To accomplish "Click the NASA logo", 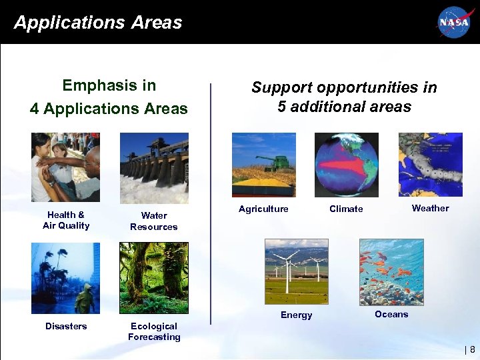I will click(x=453, y=22).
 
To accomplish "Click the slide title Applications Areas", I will click(x=98, y=23).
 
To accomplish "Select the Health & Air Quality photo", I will click(x=65, y=167).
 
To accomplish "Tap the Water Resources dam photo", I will click(x=154, y=168).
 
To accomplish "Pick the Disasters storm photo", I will click(x=65, y=278).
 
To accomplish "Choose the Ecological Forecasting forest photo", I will click(x=154, y=278).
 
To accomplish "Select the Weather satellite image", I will click(x=430, y=165).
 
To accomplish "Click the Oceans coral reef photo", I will click(x=391, y=272).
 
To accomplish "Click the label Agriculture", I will click(x=263, y=209).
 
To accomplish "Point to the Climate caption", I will click(x=346, y=209).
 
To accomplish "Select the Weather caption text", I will click(x=430, y=208).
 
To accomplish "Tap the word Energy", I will click(x=297, y=315).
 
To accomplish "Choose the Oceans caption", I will click(x=391, y=314).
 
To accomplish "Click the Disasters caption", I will click(x=66, y=326).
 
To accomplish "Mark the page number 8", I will click(x=472, y=349).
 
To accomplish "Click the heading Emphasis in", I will click(x=109, y=85).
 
